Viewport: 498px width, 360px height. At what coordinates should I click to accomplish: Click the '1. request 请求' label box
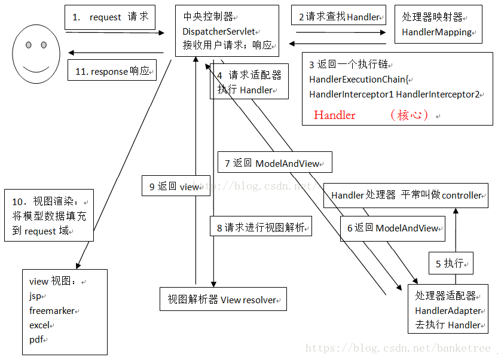110,17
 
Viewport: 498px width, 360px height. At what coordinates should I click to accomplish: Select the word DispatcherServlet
221,30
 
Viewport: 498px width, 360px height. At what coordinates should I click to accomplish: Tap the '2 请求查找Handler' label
339,17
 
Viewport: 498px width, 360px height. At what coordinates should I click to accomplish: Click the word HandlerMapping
436,32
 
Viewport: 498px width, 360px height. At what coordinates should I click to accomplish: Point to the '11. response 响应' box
112,71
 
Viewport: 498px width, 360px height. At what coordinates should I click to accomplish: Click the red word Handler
334,115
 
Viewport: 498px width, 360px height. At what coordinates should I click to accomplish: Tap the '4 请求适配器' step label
249,76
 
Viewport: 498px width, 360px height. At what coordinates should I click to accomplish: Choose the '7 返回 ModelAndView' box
275,163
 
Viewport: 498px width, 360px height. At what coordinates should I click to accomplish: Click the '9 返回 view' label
175,187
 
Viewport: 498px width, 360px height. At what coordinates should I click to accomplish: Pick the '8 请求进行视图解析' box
261,227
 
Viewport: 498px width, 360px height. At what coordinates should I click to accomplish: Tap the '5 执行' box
451,263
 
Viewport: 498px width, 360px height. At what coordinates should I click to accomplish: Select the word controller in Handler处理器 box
462,196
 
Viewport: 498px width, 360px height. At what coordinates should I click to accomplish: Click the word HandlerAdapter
448,310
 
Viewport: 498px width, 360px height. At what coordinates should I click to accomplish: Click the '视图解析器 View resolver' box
222,299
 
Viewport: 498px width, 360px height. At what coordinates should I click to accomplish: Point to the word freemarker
53,311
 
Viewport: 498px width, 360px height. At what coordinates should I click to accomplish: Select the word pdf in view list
36,340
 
